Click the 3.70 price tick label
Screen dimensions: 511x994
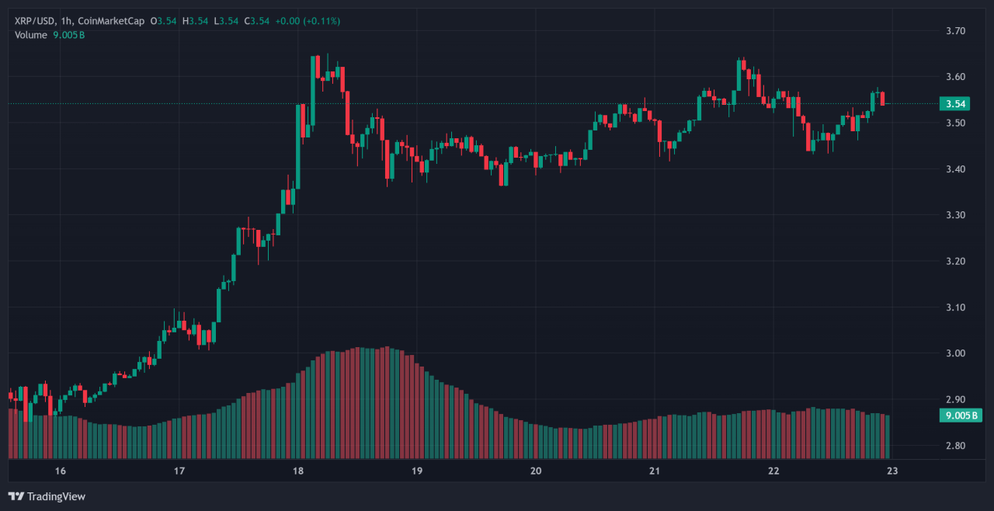tap(955, 31)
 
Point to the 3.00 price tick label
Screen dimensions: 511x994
tap(955, 353)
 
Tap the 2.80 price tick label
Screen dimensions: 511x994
tap(955, 446)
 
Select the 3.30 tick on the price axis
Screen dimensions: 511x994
tap(955, 215)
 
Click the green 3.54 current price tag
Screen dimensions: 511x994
tap(957, 104)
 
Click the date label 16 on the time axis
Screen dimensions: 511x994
tap(61, 471)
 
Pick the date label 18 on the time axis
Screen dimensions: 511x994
tap(298, 471)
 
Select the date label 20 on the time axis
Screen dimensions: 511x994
tap(536, 471)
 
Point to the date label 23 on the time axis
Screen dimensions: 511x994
tap(892, 471)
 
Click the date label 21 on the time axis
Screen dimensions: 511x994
tap(655, 471)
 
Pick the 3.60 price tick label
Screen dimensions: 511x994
tap(955, 77)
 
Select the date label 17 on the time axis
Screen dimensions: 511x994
tap(179, 471)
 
